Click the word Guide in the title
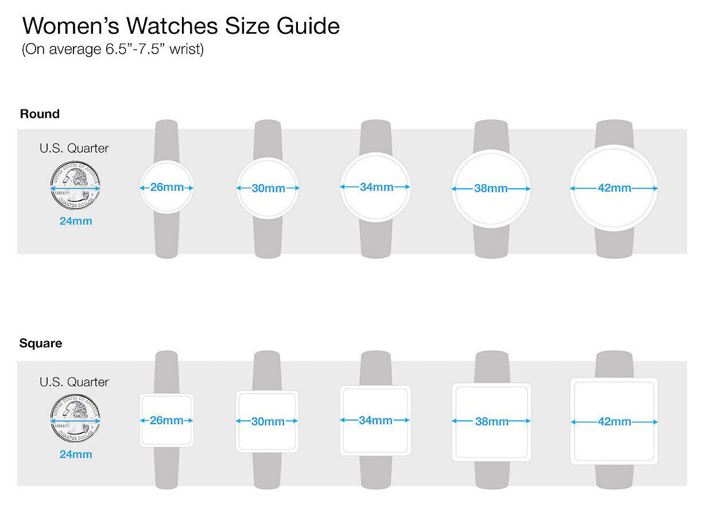[x=308, y=25]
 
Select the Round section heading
[x=40, y=114]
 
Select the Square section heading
[x=41, y=343]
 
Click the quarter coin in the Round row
[x=75, y=185]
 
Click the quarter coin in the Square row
[x=75, y=418]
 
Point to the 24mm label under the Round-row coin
[x=76, y=221]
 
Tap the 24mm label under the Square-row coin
[x=76, y=454]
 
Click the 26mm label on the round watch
[x=166, y=187]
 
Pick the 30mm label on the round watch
[x=268, y=188]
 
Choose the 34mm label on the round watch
[x=377, y=187]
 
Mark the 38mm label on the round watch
[x=491, y=188]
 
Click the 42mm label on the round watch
[x=614, y=188]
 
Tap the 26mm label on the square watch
[x=166, y=420]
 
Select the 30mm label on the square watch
[x=268, y=421]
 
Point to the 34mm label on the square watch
[x=376, y=420]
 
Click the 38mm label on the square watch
[x=492, y=421]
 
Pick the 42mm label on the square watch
[x=614, y=421]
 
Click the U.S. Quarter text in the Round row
[x=74, y=148]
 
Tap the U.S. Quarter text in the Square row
[x=74, y=382]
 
